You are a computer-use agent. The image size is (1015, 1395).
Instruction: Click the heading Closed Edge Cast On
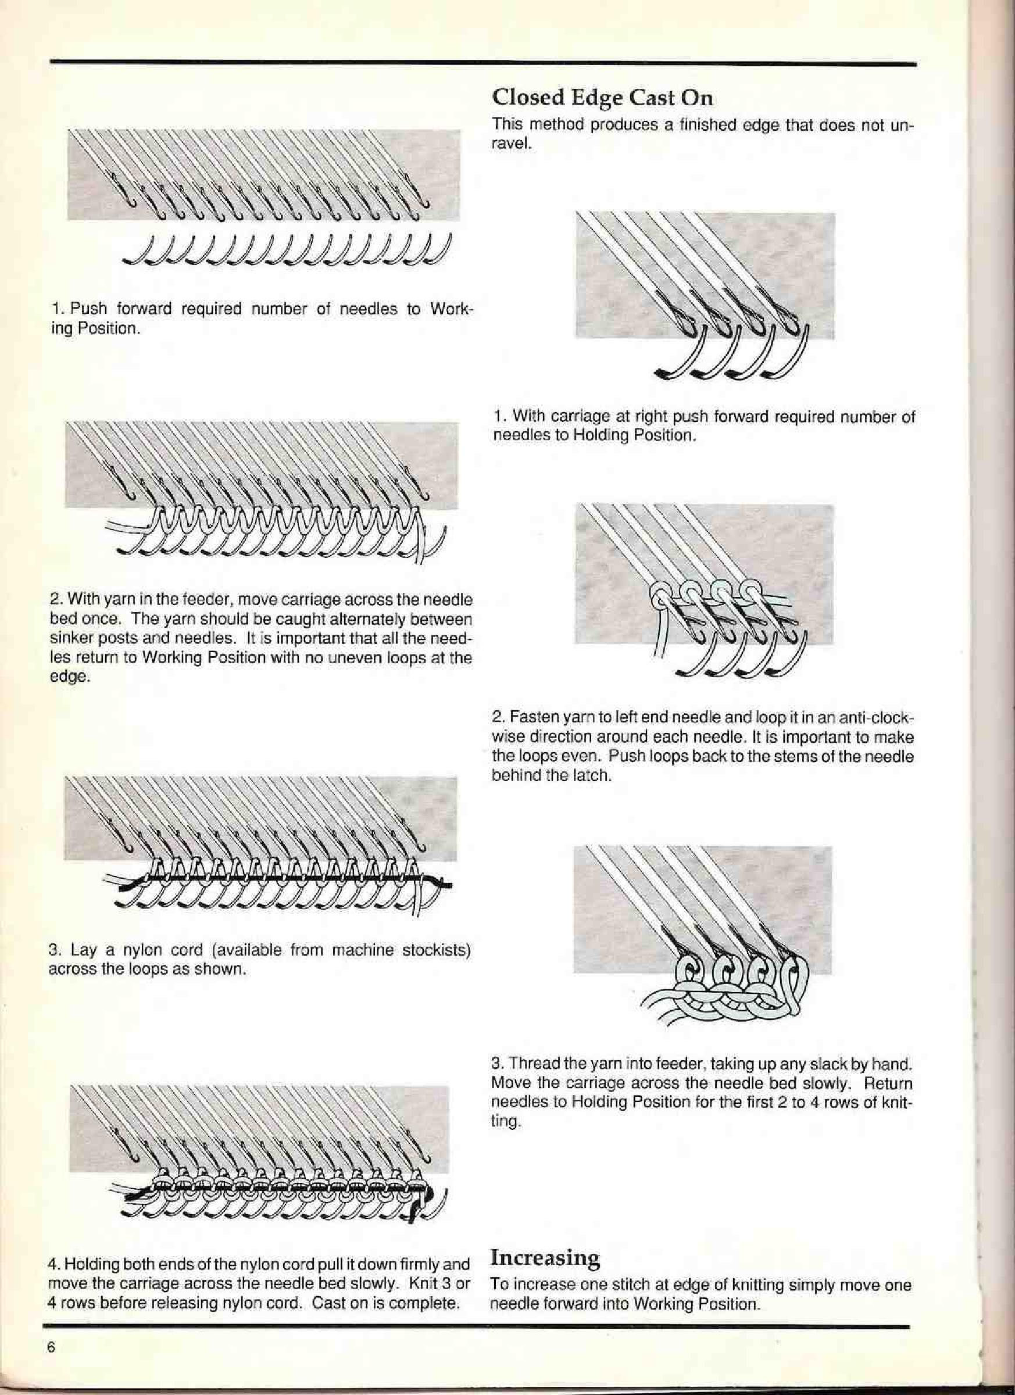coord(603,97)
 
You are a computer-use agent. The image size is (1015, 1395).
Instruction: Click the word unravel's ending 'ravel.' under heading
coord(510,146)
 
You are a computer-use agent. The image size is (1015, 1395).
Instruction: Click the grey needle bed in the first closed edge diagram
coord(769,258)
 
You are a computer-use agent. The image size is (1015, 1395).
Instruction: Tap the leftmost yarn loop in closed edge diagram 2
coord(657,596)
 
